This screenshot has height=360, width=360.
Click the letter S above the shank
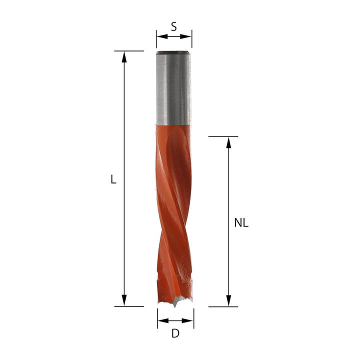point(173,27)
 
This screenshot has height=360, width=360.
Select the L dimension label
point(113,179)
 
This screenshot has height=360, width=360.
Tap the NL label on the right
point(241,223)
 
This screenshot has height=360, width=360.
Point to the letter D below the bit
point(175,333)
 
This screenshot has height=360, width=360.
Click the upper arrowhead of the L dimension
point(124,56)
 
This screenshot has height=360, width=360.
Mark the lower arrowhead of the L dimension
point(124,300)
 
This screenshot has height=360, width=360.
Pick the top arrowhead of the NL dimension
point(228,142)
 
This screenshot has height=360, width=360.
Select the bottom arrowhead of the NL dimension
point(228,300)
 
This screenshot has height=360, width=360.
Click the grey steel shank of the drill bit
point(173,90)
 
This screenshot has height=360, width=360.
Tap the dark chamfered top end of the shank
point(173,52)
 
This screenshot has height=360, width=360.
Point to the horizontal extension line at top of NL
point(223,136)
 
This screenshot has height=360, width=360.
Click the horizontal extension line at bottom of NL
point(223,306)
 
